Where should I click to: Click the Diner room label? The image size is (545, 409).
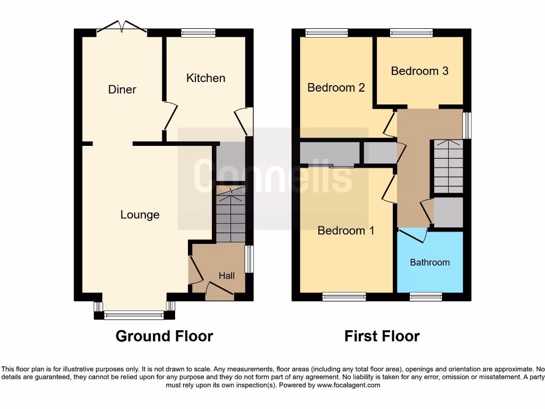click(x=122, y=89)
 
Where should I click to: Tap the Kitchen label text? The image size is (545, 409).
click(x=205, y=78)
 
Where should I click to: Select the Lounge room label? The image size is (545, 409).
click(x=140, y=215)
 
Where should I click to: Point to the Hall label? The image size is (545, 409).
click(x=227, y=275)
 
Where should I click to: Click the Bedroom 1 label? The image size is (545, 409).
click(x=346, y=231)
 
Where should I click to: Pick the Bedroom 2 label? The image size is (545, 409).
click(x=336, y=87)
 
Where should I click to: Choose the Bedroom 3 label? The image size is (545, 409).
click(x=419, y=71)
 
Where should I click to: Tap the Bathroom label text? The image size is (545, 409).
click(x=430, y=262)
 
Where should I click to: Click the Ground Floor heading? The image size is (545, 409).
click(x=164, y=336)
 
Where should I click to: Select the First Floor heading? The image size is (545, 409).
click(x=382, y=336)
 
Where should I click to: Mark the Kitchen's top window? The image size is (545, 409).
click(x=198, y=33)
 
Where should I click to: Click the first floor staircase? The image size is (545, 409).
click(x=448, y=166)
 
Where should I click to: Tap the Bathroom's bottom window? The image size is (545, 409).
click(x=426, y=297)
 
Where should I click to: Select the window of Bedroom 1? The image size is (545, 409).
click(x=344, y=297)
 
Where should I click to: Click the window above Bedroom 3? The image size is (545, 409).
click(x=411, y=33)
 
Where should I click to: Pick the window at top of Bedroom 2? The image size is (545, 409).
click(x=326, y=33)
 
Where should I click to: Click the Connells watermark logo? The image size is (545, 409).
click(x=272, y=176)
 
